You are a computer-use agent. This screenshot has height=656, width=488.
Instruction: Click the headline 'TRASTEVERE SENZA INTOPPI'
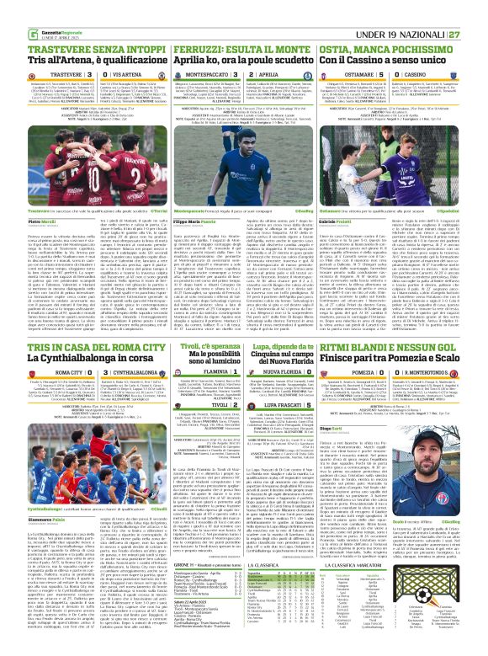pyautogui.click(x=63, y=28)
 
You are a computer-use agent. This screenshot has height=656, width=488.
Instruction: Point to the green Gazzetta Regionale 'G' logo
pyautogui.click(x=8, y=9)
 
